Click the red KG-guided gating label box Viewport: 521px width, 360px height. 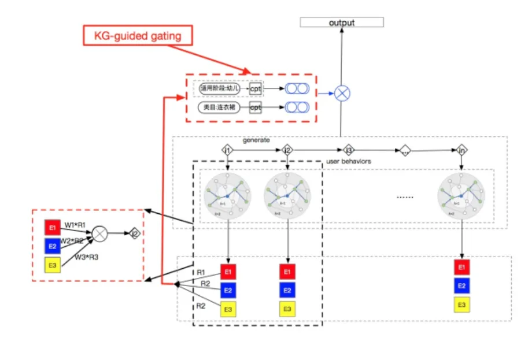pos(138,36)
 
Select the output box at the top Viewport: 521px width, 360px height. pos(342,23)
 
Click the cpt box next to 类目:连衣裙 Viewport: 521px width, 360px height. pos(256,107)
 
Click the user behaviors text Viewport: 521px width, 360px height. pos(349,161)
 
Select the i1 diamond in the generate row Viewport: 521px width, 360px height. pos(227,150)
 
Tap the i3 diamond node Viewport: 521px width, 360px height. pos(348,150)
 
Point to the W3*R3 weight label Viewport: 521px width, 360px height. pos(86,257)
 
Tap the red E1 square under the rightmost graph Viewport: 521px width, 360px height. pos(461,267)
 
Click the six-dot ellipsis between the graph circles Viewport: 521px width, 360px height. pos(405,197)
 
